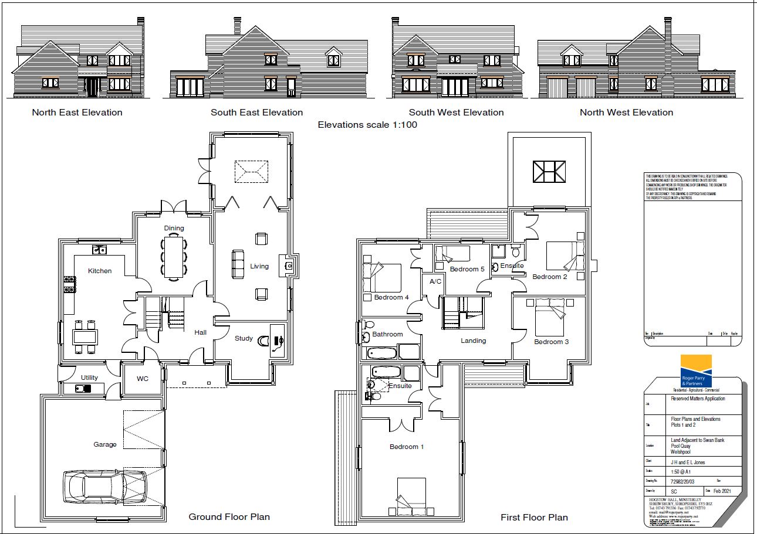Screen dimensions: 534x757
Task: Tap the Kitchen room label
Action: pos(100,271)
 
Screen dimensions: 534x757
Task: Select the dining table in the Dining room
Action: pos(173,257)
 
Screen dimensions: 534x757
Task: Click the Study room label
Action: pos(244,338)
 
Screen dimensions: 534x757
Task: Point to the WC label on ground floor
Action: pos(143,379)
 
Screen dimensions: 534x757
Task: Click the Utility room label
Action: pos(89,377)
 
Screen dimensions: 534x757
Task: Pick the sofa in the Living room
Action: pos(238,264)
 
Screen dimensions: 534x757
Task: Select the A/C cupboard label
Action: pos(435,281)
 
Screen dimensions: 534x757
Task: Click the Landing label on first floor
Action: pos(473,341)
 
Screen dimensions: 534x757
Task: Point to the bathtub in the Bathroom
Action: pos(381,353)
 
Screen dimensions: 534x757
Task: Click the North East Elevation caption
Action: pos(77,113)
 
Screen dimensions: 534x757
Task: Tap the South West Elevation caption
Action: pos(456,113)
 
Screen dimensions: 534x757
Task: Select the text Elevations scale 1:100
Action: pos(367,125)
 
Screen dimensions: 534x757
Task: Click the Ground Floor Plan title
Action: pos(229,516)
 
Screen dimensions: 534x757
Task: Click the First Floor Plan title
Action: pos(534,517)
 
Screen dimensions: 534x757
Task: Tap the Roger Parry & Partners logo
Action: pos(695,371)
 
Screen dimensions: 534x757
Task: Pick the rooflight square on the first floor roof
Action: pos(549,171)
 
